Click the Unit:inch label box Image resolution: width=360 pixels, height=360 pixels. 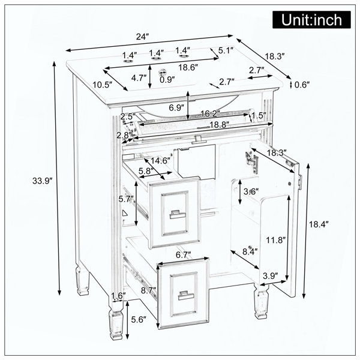click(311, 20)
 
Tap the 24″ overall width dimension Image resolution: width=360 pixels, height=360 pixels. click(143, 37)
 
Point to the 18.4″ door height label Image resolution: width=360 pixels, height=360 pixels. click(318, 224)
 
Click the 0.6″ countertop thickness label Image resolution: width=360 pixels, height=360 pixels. click(302, 85)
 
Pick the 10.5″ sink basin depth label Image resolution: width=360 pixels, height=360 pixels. click(102, 85)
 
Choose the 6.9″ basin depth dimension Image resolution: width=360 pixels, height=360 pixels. click(176, 107)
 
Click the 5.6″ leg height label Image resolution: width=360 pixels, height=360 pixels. click(139, 319)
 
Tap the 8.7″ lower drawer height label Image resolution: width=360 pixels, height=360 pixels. click(149, 290)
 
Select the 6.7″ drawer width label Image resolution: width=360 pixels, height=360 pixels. click(184, 255)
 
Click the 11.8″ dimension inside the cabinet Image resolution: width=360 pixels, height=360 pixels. click(276, 240)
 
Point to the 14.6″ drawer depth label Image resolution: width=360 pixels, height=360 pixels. click(160, 161)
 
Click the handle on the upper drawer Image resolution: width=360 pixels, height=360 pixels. click(178, 214)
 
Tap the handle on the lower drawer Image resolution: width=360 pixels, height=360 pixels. click(186, 295)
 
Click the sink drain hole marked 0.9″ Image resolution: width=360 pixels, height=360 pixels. click(163, 73)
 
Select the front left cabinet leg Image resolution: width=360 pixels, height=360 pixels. click(116, 320)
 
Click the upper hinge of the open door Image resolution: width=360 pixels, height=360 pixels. click(251, 161)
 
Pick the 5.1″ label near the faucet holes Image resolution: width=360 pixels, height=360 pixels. click(226, 50)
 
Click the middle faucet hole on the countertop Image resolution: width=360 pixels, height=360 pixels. click(156, 59)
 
